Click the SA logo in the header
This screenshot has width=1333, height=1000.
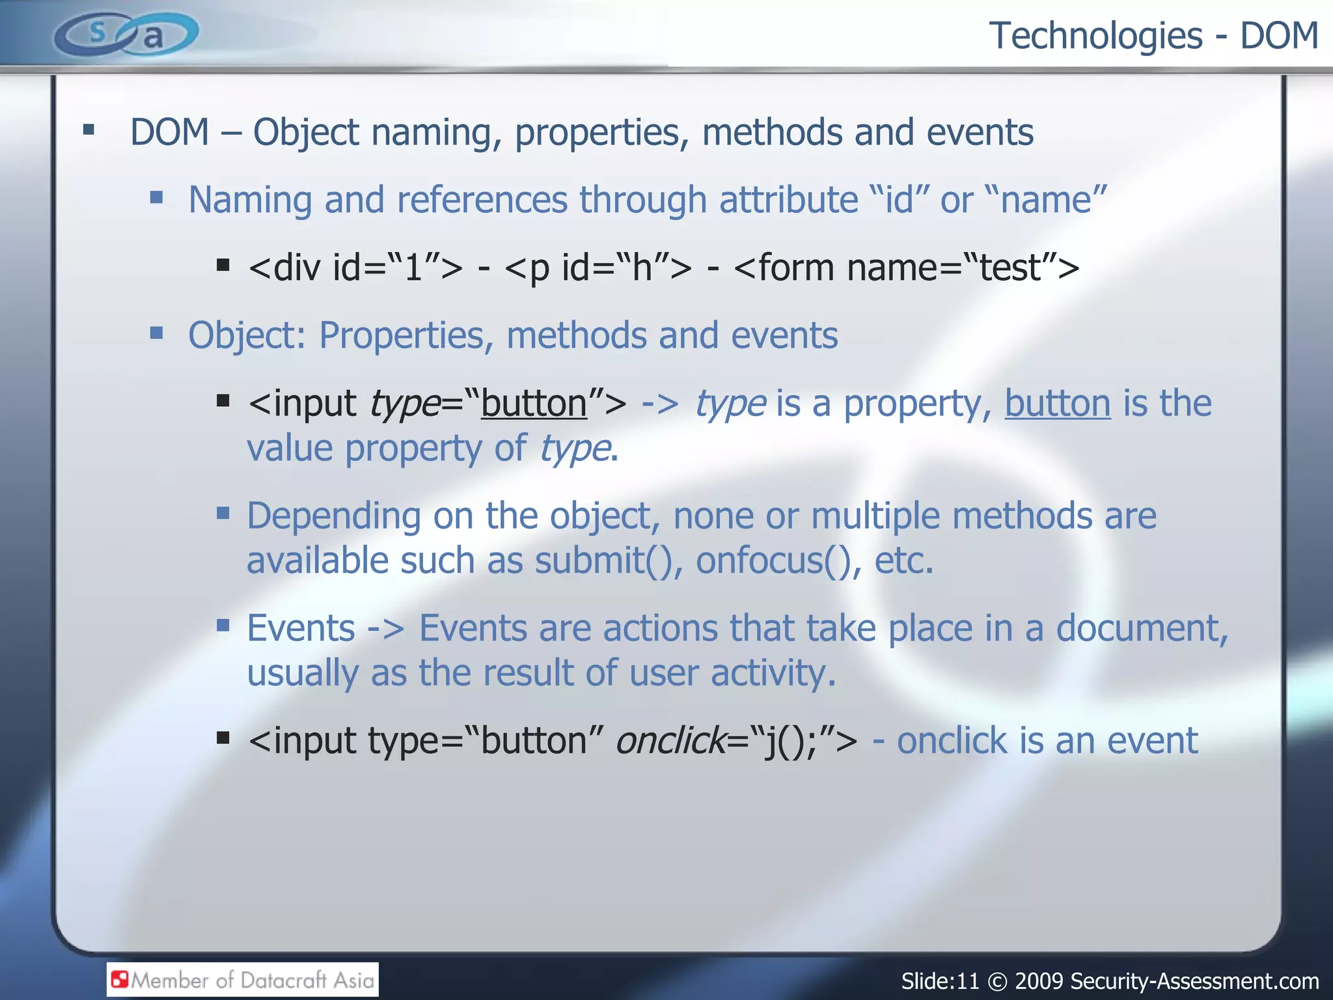coord(126,34)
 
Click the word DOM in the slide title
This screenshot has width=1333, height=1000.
coord(1279,35)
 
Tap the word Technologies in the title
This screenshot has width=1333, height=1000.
coord(1096,35)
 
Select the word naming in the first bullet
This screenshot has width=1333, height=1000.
coord(436,132)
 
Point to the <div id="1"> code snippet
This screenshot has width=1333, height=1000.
coord(355,268)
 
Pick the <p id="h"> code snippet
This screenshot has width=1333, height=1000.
coord(598,268)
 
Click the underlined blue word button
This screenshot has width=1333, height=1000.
coord(1058,404)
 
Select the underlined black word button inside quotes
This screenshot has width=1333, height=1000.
coord(534,404)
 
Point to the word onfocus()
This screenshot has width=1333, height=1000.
coord(778,561)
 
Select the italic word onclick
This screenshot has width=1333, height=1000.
coord(670,741)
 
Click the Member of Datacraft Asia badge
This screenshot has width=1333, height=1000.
coord(243,980)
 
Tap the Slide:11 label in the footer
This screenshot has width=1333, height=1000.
coord(940,981)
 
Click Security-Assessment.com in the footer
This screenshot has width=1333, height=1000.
coord(1194,981)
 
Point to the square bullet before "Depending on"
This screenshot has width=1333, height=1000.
coord(223,514)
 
